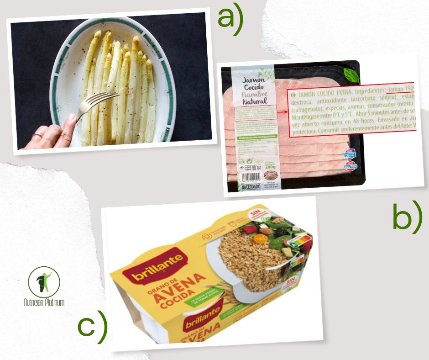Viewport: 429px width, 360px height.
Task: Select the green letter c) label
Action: click(x=92, y=326)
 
